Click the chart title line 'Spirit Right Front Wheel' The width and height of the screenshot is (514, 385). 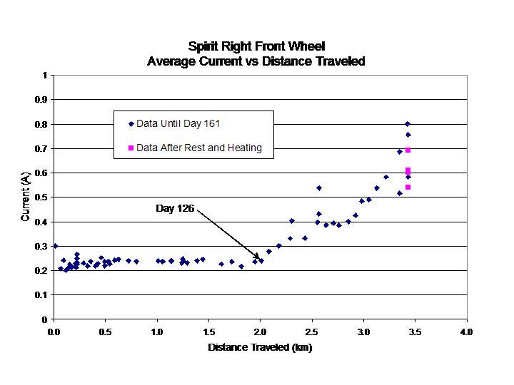tap(256, 47)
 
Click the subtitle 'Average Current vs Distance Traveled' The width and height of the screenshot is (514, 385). tap(256, 61)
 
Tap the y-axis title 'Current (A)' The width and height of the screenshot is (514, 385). tap(25, 197)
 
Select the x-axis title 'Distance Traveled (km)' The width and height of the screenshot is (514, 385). tap(260, 348)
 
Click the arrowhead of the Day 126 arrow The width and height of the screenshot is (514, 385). tap(258, 258)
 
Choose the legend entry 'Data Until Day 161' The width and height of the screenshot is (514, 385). tap(178, 123)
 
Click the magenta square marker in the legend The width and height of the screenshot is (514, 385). tap(131, 148)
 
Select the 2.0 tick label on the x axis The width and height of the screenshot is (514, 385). tap(260, 332)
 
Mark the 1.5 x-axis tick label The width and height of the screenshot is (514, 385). tap(208, 332)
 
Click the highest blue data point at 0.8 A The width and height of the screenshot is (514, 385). tap(408, 124)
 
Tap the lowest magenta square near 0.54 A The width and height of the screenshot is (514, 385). tap(408, 187)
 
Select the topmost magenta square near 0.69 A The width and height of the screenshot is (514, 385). tap(408, 150)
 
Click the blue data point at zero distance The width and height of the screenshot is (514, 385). tap(54, 246)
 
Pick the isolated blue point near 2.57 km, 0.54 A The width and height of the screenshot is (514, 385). tap(319, 188)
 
